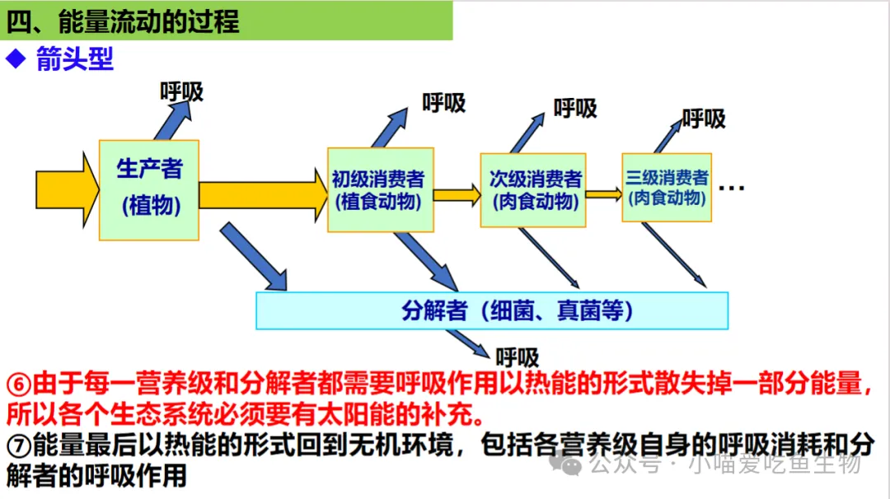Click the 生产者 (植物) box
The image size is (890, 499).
[x=148, y=189]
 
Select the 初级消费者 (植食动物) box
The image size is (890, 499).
[x=380, y=190]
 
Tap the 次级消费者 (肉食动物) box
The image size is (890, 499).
[x=533, y=190]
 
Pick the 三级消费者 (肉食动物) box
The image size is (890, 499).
[x=666, y=188]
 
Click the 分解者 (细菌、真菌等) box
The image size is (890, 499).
[x=492, y=310]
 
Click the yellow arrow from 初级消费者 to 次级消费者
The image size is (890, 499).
[x=457, y=195]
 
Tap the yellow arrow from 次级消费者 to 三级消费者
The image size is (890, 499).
[x=604, y=194]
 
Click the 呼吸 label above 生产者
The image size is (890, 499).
[x=181, y=91]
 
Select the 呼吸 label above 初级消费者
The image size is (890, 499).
[x=443, y=103]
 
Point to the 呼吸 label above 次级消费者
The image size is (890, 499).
[x=575, y=108]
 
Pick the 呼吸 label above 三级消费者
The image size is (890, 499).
[x=704, y=119]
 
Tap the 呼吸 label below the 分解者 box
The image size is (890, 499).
[x=518, y=357]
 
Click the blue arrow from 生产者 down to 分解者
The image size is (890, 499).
[x=254, y=259]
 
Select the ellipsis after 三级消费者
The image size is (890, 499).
[x=732, y=189]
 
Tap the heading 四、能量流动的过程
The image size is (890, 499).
[x=124, y=21]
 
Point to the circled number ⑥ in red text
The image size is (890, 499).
[x=18, y=384]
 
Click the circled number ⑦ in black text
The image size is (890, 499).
[x=18, y=446]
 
